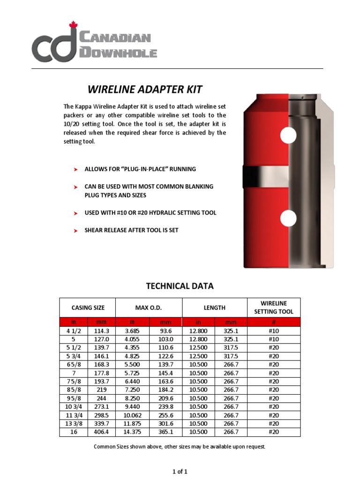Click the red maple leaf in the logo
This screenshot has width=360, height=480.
point(73,25)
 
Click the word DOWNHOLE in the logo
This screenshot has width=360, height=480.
point(118,52)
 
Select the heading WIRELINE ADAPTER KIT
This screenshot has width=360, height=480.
point(145,89)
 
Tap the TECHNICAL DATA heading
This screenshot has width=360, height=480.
point(180,285)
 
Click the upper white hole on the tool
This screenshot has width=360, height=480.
point(288,135)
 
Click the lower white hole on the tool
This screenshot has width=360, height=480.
point(288,218)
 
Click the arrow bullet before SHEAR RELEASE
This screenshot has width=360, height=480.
point(75,231)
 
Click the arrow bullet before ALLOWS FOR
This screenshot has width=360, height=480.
point(75,169)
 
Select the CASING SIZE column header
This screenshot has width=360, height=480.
point(88,307)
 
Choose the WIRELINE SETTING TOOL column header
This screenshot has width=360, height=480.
point(274,307)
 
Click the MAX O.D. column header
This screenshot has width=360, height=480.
point(149,307)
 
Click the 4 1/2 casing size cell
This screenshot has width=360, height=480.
point(74,330)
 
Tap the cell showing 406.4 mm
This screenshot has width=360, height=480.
point(101,432)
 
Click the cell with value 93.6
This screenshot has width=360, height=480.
point(165,330)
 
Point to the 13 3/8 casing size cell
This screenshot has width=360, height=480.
point(74,423)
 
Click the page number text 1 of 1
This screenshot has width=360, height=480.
point(180,471)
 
